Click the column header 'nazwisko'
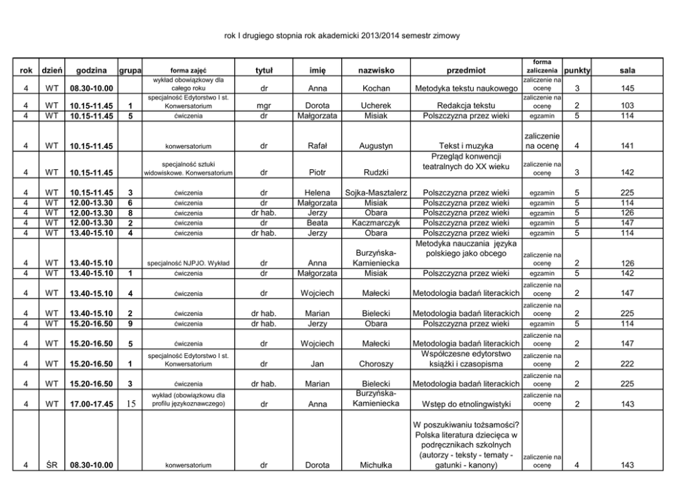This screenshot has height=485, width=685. pos(376,70)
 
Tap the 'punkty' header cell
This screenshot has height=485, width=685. pos(577,70)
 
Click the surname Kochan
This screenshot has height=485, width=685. pos(376,88)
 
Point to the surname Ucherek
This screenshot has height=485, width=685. pos(376,106)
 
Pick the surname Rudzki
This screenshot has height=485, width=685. pos(376,173)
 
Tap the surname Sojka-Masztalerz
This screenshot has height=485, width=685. pos(376,192)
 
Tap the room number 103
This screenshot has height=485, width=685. pos(627,106)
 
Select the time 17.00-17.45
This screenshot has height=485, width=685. pos(92,405)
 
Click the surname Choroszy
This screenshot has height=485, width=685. pos(376,364)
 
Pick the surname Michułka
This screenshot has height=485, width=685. pos(376,466)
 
